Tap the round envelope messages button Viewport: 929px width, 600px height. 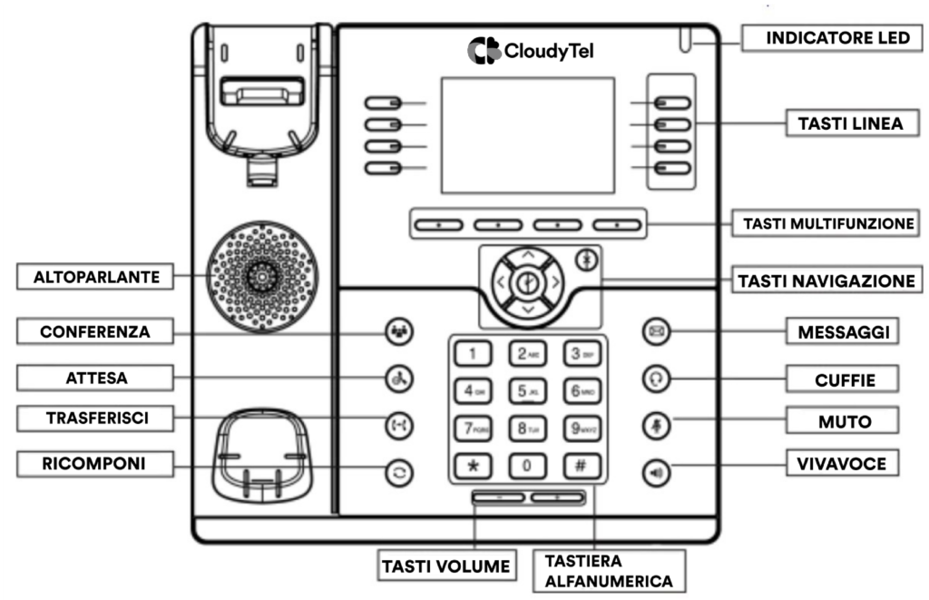[x=656, y=331]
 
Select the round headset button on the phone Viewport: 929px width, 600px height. [x=656, y=379]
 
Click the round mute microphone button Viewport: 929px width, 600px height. [x=656, y=423]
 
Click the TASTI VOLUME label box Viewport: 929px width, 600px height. [x=445, y=566]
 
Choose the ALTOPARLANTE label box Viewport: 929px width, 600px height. [x=97, y=277]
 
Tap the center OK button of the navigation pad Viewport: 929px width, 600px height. [x=527, y=283]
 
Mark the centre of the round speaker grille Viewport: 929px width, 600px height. [x=261, y=274]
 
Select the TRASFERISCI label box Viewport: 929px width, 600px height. [x=97, y=418]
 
